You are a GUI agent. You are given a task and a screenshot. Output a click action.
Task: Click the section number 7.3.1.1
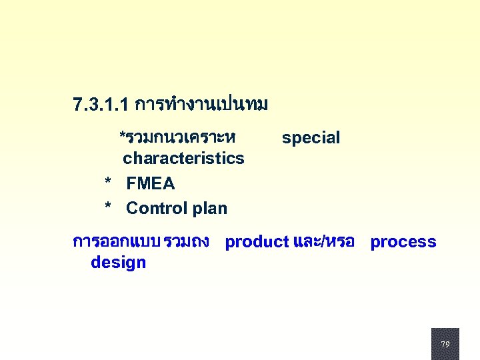tap(101, 105)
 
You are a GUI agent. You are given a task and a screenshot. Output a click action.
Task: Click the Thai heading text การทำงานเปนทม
tap(201, 105)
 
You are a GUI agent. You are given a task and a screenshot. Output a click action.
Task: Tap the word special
tap(311, 138)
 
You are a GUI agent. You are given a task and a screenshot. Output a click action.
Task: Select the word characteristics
tap(183, 159)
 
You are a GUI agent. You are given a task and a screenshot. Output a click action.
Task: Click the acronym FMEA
tap(150, 183)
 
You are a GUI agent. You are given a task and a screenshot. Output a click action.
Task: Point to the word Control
tap(156, 208)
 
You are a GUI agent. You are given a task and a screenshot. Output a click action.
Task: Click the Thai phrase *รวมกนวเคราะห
tap(177, 137)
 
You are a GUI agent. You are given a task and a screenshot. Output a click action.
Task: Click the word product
tap(257, 242)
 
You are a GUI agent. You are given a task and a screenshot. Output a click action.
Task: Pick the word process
tap(403, 242)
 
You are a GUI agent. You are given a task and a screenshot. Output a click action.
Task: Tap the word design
tap(118, 263)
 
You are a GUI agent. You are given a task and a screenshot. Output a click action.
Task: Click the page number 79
tap(445, 344)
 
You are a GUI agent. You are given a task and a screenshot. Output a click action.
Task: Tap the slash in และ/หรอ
tap(323, 242)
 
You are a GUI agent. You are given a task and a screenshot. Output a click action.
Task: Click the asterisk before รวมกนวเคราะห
tap(122, 137)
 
